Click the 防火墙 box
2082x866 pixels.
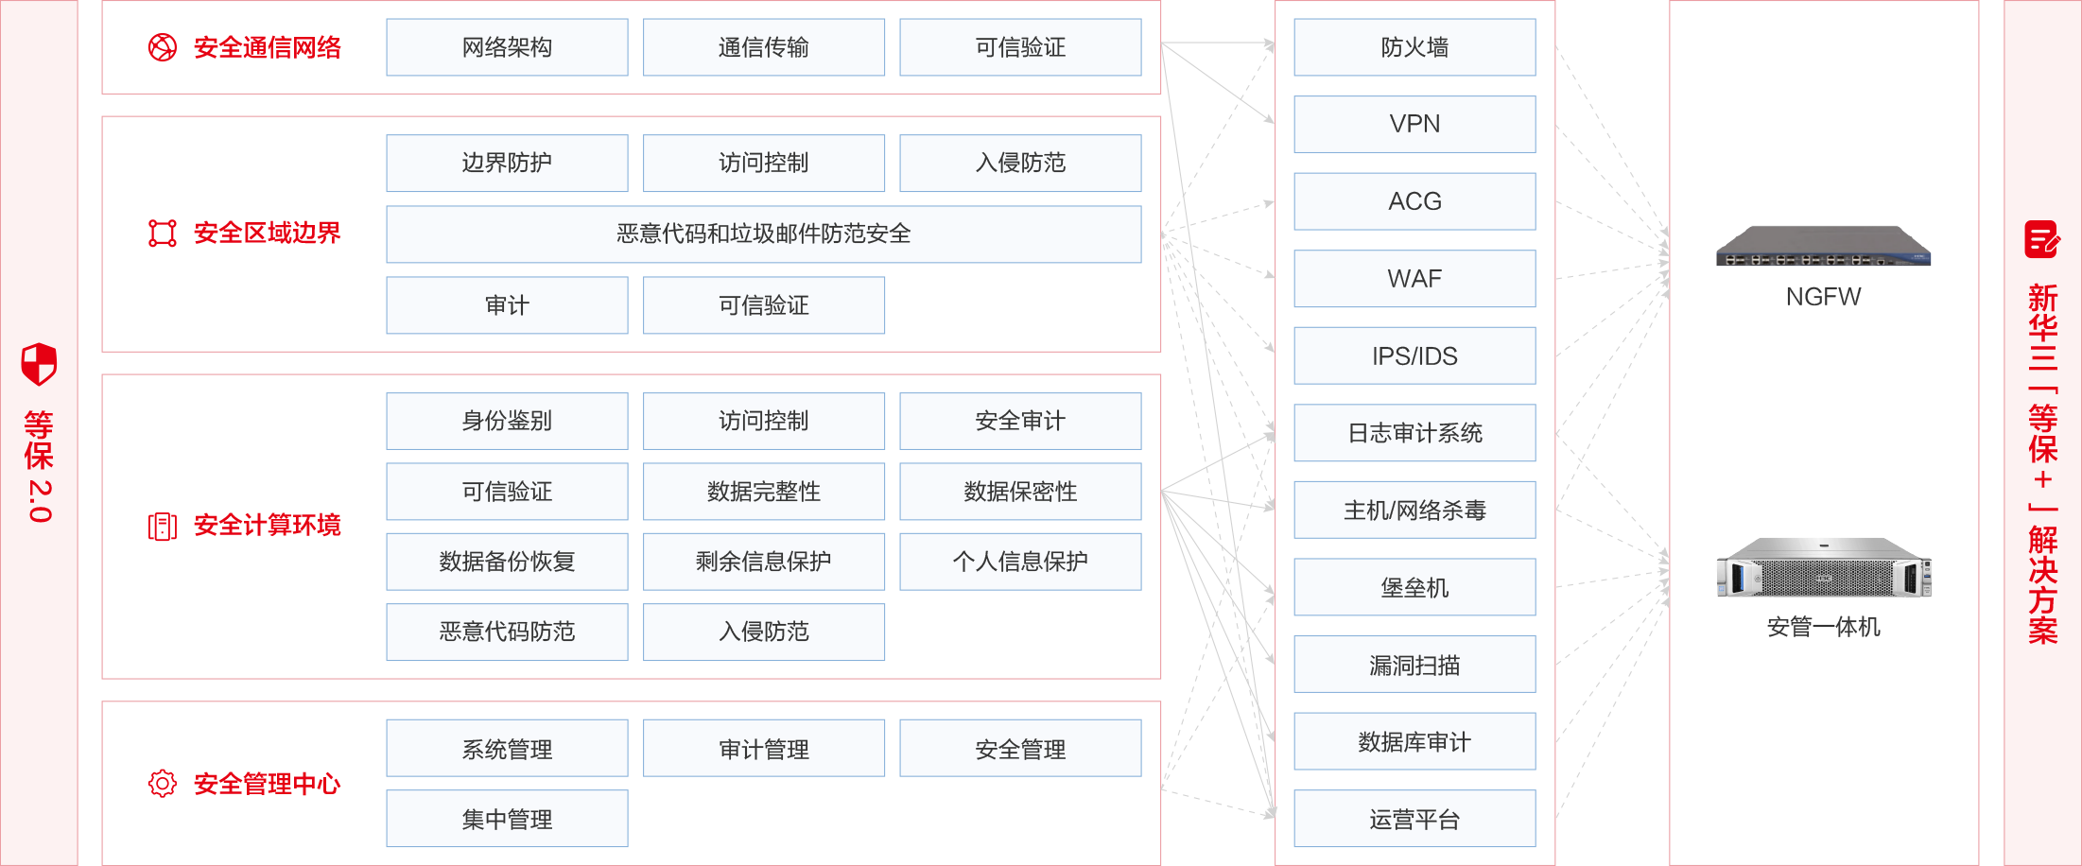click(x=1414, y=47)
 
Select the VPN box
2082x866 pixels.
click(x=1414, y=124)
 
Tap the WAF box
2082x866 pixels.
click(x=1414, y=279)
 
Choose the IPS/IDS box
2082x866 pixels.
click(x=1414, y=355)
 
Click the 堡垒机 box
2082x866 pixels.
click(x=1414, y=587)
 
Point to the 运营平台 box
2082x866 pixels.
click(x=1414, y=819)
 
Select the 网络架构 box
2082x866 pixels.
click(x=507, y=47)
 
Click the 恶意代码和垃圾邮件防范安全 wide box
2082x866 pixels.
click(x=763, y=234)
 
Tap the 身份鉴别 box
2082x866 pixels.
click(x=507, y=421)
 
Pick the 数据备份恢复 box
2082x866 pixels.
click(x=507, y=562)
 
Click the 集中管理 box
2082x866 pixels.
click(x=507, y=819)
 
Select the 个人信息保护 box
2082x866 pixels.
click(x=1020, y=562)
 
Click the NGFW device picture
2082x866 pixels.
click(x=1823, y=247)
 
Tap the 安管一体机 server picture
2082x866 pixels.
click(x=1823, y=567)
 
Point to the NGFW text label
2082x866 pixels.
click(x=1823, y=297)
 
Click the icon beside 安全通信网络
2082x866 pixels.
click(x=163, y=47)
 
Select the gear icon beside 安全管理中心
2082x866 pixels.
click(x=163, y=783)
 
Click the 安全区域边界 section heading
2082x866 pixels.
click(x=267, y=234)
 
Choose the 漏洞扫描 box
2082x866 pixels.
click(x=1414, y=665)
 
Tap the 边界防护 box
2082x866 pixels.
click(x=507, y=163)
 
